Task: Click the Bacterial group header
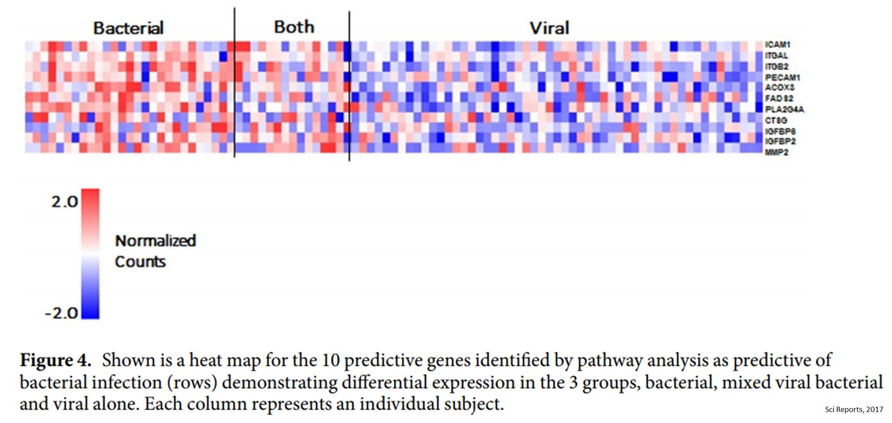click(128, 28)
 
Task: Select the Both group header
click(294, 27)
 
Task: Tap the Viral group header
click(549, 28)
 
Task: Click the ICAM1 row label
click(777, 45)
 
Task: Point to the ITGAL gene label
click(776, 56)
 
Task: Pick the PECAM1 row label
click(782, 77)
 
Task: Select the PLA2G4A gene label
click(784, 109)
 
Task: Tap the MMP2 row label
click(776, 152)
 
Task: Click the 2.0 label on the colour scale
click(64, 202)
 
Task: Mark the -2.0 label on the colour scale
click(62, 313)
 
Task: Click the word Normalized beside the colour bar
click(155, 241)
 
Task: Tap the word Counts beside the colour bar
click(140, 262)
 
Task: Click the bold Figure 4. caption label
click(55, 361)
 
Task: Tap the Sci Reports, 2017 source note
click(854, 409)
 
